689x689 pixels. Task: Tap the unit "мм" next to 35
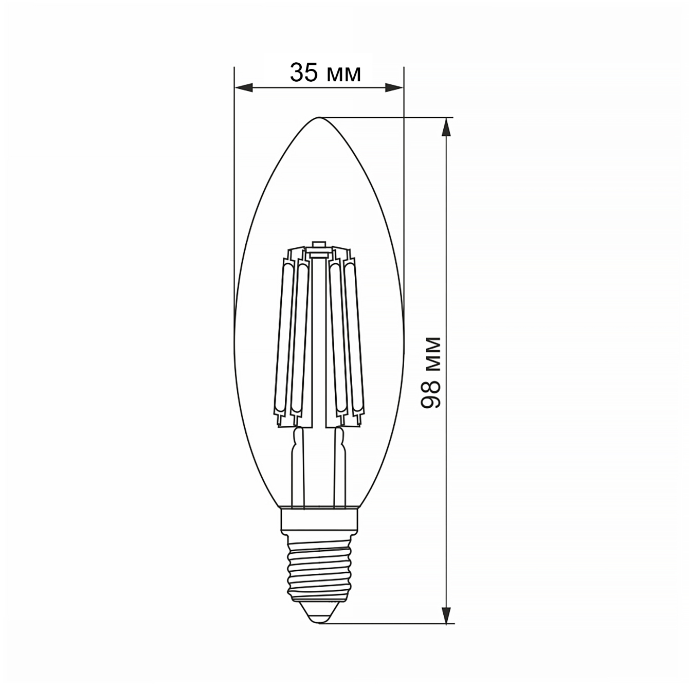343,75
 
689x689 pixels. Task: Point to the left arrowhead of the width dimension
244,87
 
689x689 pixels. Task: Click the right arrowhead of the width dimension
394,87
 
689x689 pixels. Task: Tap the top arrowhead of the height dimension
446,128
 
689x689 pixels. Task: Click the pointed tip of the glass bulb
319,118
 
